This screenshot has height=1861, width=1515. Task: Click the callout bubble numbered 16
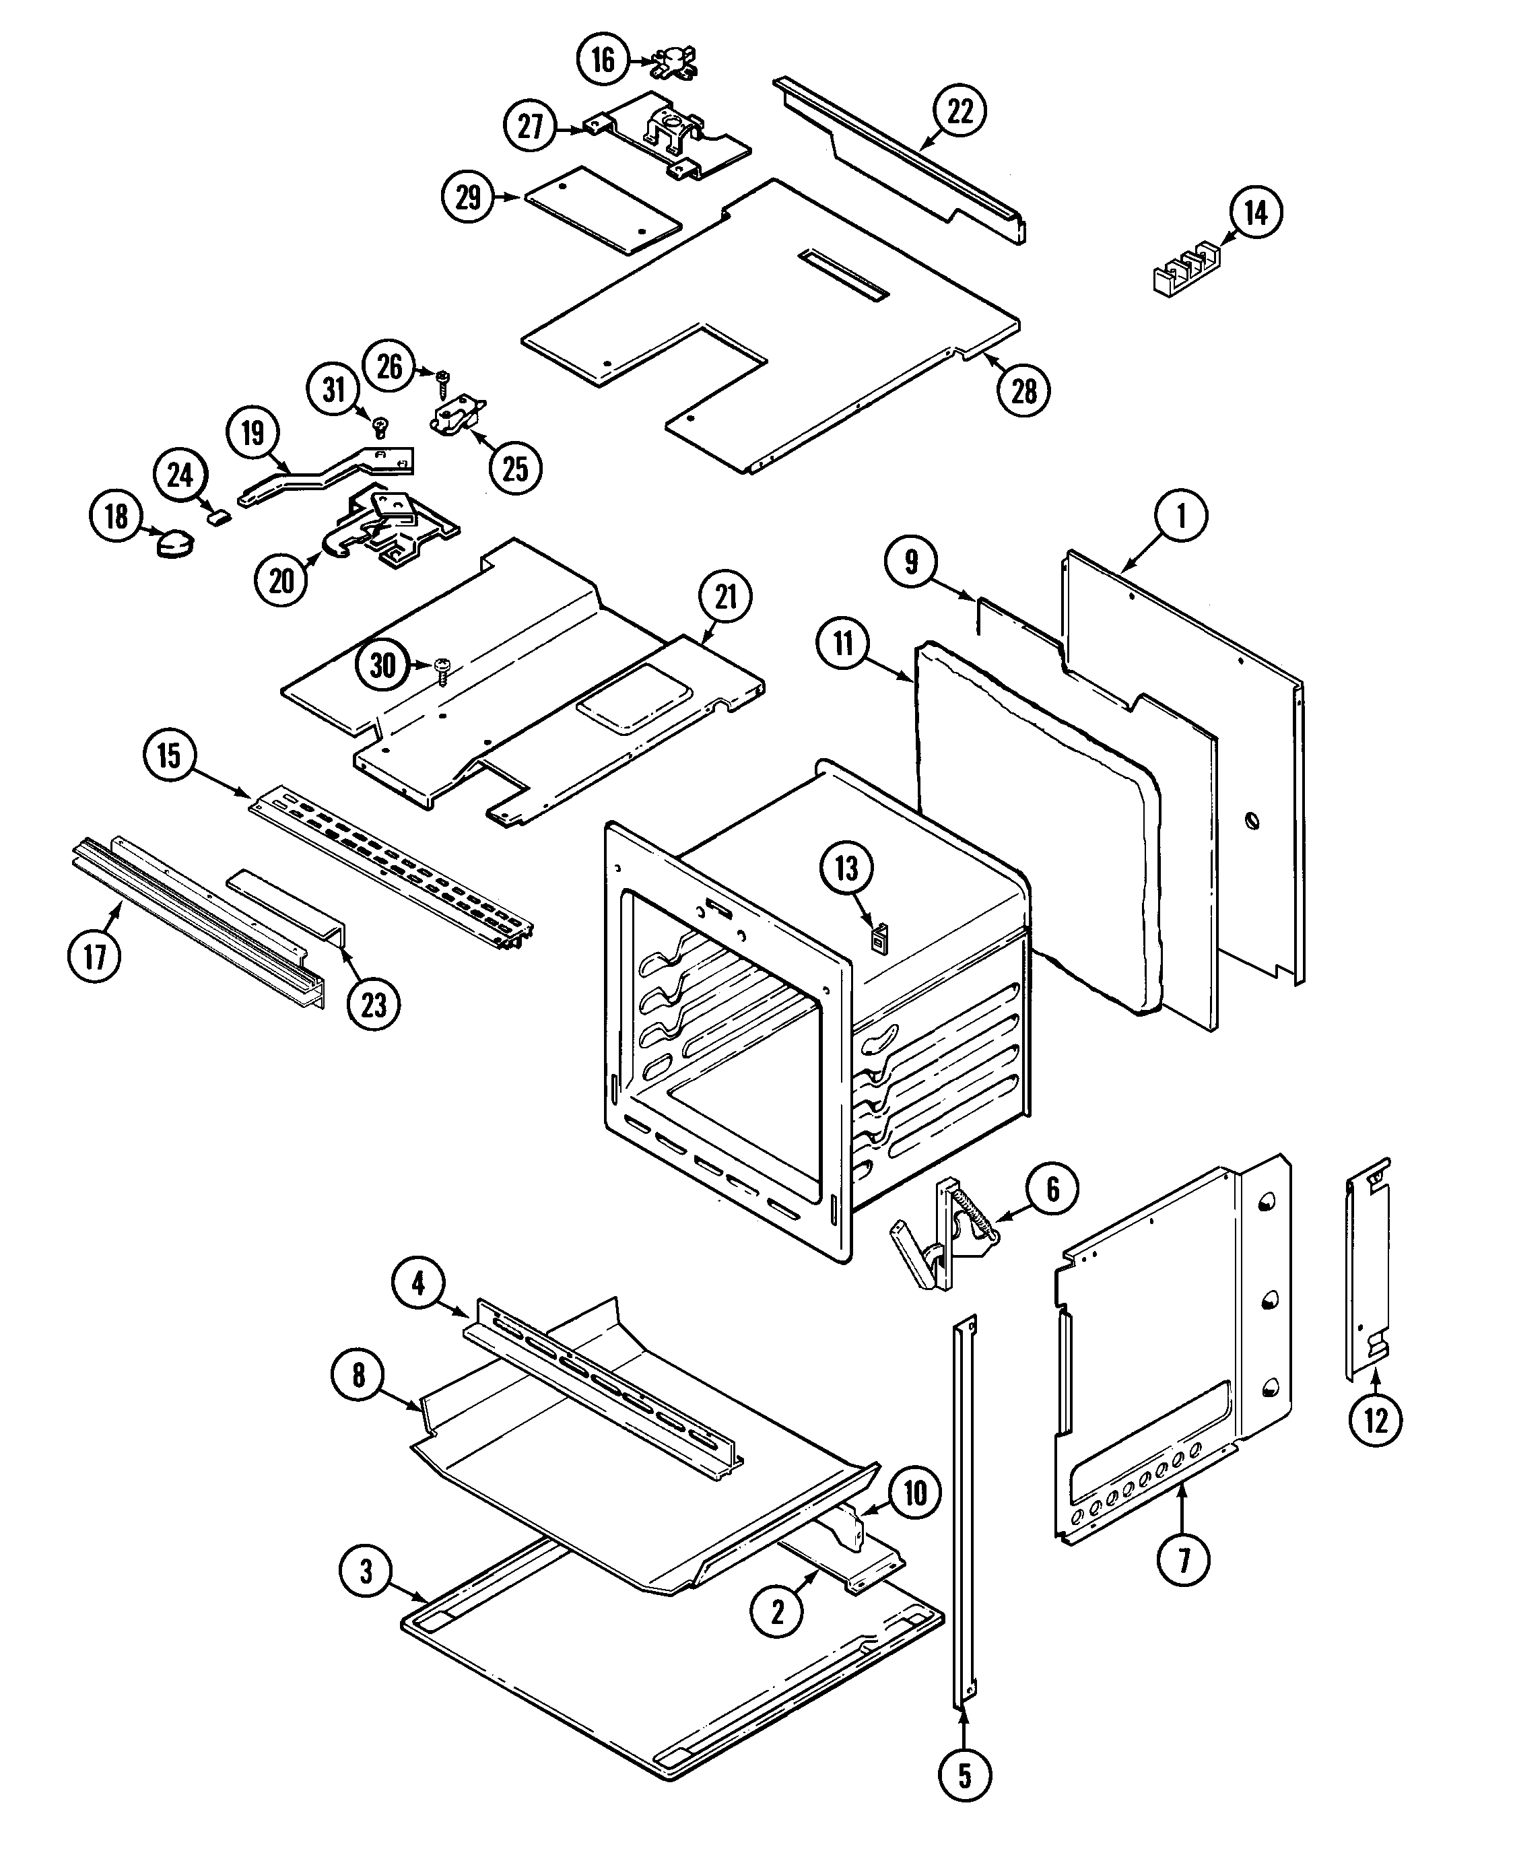pyautogui.click(x=603, y=59)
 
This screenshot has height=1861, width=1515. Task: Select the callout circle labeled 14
pyautogui.click(x=1256, y=212)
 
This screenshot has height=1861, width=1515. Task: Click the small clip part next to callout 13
pyautogui.click(x=879, y=940)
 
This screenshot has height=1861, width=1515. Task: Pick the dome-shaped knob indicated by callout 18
pyautogui.click(x=174, y=545)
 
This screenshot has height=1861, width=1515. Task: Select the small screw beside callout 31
pyautogui.click(x=380, y=427)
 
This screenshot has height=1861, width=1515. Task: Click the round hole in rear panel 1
pyautogui.click(x=1252, y=821)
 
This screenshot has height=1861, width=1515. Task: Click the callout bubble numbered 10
pyautogui.click(x=914, y=1493)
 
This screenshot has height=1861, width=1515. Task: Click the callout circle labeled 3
pyautogui.click(x=366, y=1571)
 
